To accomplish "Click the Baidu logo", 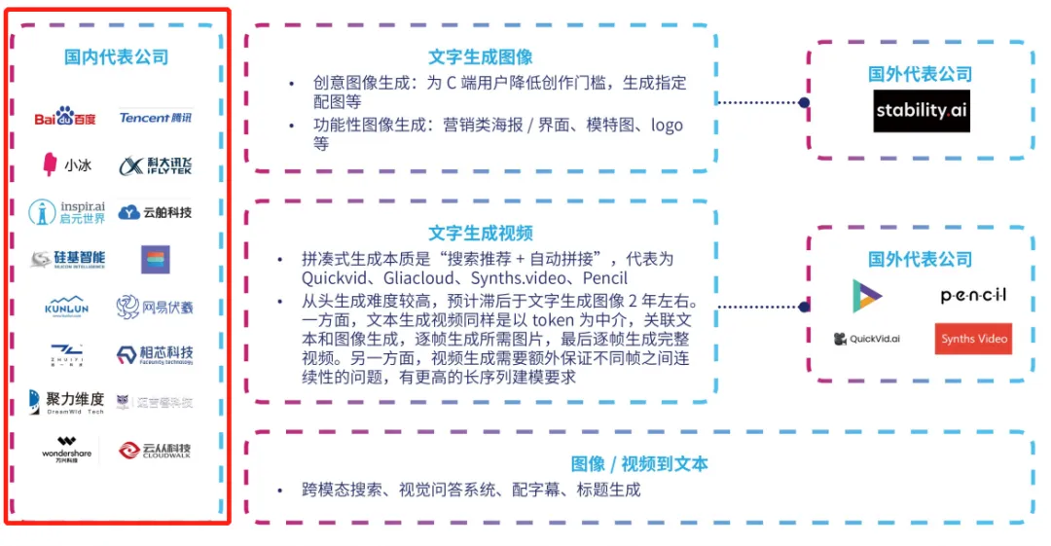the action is tap(65, 118).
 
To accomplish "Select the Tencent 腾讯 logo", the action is tap(156, 118).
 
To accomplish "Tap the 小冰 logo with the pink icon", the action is tap(66, 165).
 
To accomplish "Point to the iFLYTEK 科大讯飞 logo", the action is tap(156, 165).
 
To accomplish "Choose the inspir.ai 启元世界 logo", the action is tap(66, 212).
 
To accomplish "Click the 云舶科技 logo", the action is tap(156, 212).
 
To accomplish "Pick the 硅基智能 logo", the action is tap(66, 260).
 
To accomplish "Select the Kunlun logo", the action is tap(66, 308).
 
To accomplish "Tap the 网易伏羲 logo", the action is tap(156, 308).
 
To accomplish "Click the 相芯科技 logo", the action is tap(156, 354).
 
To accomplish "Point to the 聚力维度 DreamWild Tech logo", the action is tap(66, 402).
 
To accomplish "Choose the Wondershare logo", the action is tap(66, 450).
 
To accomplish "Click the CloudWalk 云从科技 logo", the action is tap(156, 450).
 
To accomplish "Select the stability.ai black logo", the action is tap(921, 111).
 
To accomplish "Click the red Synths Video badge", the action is tap(973, 339).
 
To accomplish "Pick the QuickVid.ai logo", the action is tap(867, 339).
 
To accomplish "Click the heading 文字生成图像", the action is tap(481, 57).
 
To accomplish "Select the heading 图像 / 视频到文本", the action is tap(638, 464).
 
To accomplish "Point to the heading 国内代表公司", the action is tap(117, 57).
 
